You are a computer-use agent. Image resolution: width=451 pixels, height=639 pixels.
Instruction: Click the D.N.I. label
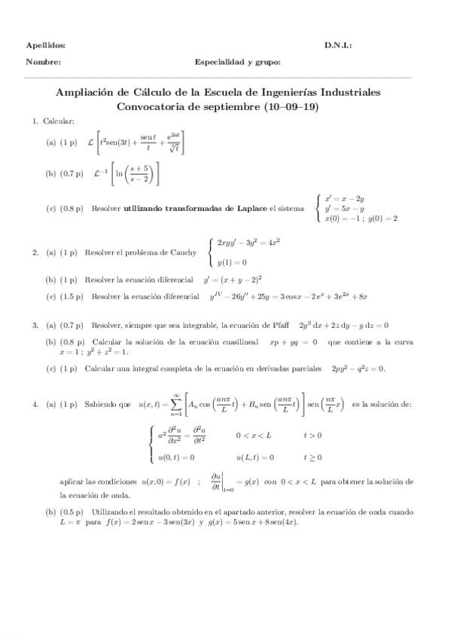click(x=338, y=45)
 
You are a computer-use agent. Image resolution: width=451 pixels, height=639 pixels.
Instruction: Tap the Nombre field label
click(x=43, y=63)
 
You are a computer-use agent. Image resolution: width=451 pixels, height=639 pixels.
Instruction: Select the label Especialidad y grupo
click(x=237, y=63)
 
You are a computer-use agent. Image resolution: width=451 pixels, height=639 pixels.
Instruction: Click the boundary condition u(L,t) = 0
click(x=254, y=457)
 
